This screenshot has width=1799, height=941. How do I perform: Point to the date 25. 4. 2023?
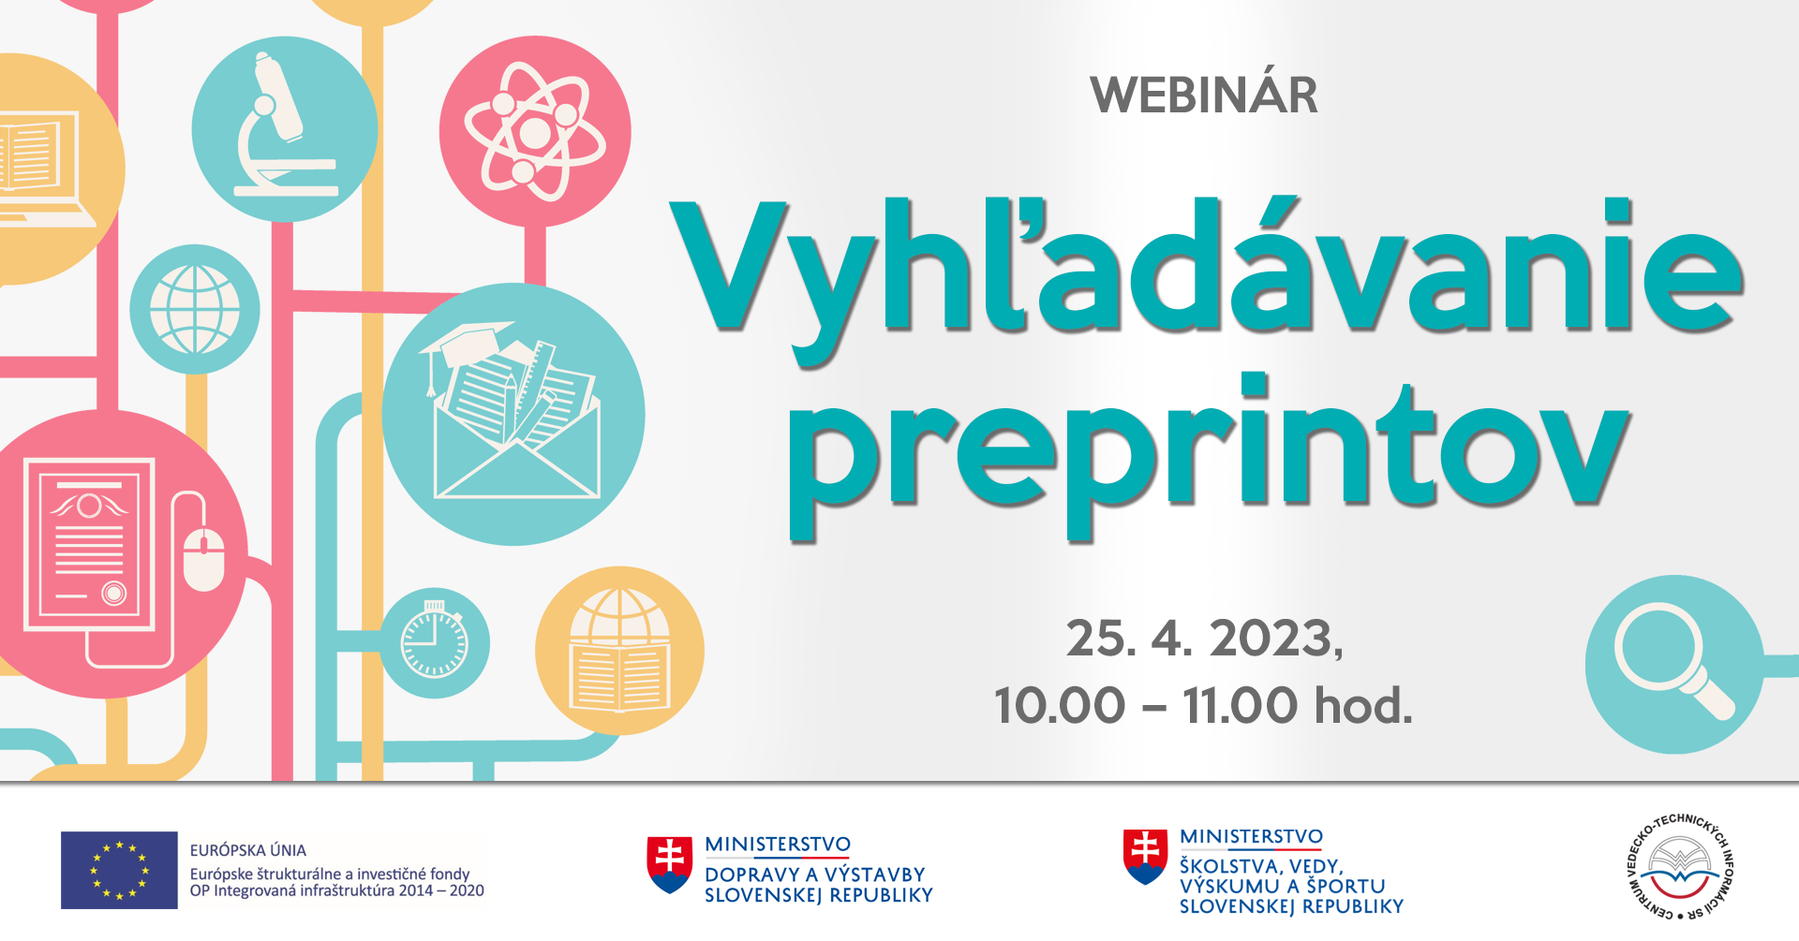pyautogui.click(x=1204, y=639)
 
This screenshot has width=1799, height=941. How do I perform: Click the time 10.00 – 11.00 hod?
pyautogui.click(x=1203, y=705)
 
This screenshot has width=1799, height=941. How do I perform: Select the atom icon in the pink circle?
pyautogui.click(x=535, y=132)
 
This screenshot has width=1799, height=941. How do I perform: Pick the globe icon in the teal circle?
pyautogui.click(x=195, y=309)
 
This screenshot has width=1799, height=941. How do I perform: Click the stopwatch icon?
pyautogui.click(x=434, y=640)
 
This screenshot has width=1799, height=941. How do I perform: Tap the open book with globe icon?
pyautogui.click(x=619, y=650)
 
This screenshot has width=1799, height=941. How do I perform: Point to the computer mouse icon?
pyautogui.click(x=203, y=559)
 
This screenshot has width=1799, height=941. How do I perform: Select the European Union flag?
pyautogui.click(x=119, y=870)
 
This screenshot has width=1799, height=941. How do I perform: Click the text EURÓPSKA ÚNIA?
pyautogui.click(x=248, y=850)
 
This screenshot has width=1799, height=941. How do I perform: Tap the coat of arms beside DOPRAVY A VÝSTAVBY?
pyautogui.click(x=670, y=864)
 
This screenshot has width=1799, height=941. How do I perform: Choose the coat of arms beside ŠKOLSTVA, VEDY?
pyautogui.click(x=1145, y=857)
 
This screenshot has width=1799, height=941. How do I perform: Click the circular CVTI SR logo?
pyautogui.click(x=1679, y=866)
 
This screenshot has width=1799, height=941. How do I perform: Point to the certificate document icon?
pyautogui.click(x=89, y=543)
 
